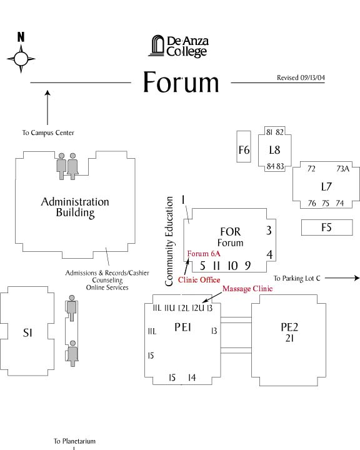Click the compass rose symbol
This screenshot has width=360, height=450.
21,59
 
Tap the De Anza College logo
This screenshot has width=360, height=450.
178,46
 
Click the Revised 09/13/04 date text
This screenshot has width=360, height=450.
301,77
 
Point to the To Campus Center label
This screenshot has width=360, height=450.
48,132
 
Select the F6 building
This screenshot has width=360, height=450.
244,147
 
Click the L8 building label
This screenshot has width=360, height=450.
274,150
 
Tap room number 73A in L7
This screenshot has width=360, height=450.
342,169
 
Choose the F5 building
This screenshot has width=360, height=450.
327,227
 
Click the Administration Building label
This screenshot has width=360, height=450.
75,207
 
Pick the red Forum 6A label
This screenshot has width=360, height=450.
204,254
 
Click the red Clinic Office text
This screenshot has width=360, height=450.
199,280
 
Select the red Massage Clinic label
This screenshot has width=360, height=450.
247,289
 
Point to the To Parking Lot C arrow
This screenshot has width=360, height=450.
342,277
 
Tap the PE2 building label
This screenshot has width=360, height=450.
289,327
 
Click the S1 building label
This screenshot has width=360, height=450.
27,332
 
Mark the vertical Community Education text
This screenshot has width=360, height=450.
169,241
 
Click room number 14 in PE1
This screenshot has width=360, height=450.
192,377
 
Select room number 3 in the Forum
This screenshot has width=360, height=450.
269,230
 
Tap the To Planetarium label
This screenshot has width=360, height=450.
74,441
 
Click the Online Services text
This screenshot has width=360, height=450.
107,287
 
